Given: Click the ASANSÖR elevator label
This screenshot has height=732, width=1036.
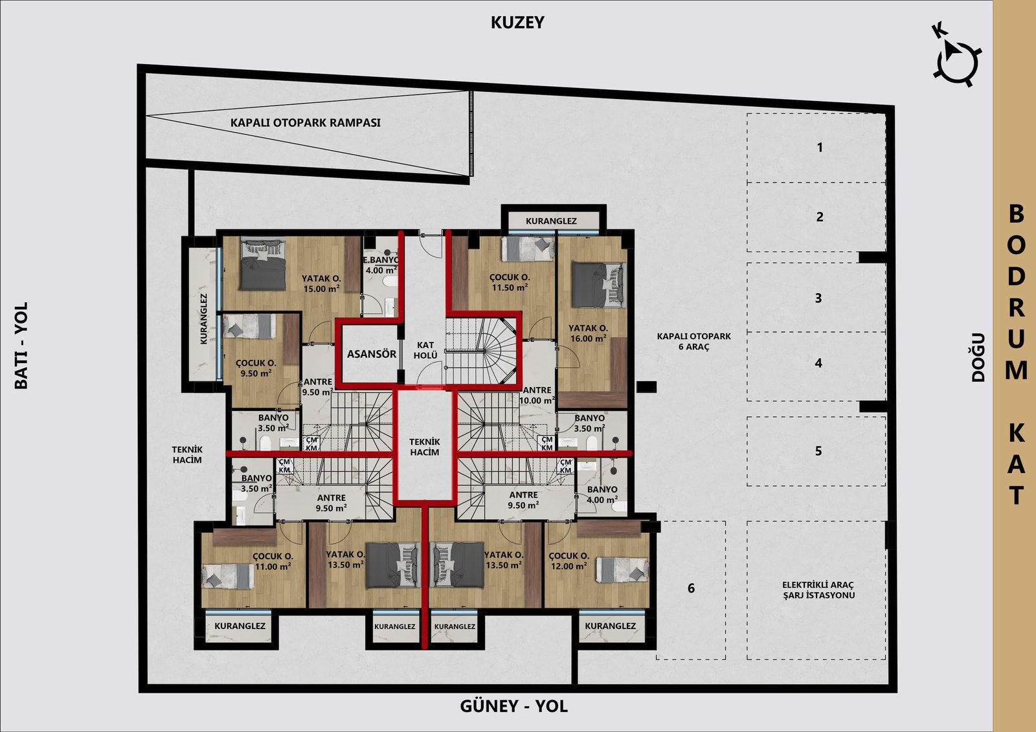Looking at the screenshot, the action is [372, 354].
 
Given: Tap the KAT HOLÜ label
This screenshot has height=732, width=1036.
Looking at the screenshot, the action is [425, 350].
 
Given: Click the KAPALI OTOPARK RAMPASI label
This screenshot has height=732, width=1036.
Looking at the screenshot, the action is [305, 123].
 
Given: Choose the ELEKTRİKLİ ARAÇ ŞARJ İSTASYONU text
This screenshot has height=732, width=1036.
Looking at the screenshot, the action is [818, 590].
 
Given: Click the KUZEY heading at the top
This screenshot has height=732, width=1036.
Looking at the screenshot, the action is [517, 22].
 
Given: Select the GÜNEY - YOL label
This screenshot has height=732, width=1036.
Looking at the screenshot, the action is [513, 706].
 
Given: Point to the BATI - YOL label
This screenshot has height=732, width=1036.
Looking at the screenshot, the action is [21, 346].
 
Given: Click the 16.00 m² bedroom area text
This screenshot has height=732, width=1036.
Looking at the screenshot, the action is [588, 338].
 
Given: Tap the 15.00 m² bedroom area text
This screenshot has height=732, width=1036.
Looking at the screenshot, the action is [321, 289].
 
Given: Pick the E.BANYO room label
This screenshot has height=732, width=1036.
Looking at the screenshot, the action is [381, 260].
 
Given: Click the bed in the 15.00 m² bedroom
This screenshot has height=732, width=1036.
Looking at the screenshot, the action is [263, 264].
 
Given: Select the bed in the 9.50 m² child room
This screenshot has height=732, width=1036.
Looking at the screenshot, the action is [249, 326].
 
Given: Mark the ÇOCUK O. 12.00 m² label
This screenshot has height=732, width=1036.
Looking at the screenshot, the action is [569, 561].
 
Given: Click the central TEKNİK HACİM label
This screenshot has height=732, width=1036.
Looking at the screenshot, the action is [425, 447].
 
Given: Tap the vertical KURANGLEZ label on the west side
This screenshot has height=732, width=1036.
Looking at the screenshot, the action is [203, 318].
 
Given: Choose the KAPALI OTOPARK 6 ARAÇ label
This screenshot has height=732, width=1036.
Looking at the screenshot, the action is [693, 341].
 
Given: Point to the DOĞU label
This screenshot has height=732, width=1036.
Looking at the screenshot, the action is [978, 357].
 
